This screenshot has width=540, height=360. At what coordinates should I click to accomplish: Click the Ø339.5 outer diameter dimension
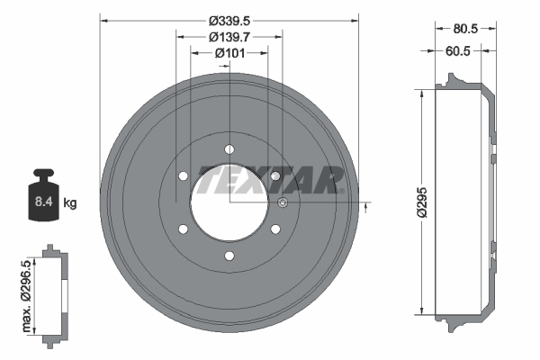click(x=229, y=21)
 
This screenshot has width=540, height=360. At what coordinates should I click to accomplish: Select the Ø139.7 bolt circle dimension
click(x=229, y=37)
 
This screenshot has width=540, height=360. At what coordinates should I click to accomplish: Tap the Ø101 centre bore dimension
click(x=229, y=53)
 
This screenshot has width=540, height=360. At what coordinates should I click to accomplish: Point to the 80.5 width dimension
click(x=464, y=28)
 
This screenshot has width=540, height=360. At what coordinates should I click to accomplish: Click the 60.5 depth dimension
click(x=460, y=51)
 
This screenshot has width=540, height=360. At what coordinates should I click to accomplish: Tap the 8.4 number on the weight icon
click(x=43, y=203)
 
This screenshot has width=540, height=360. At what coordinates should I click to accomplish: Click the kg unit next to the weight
click(x=70, y=203)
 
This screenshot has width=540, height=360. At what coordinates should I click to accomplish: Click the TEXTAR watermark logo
click(x=270, y=179)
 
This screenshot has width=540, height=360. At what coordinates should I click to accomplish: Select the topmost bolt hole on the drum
click(x=229, y=149)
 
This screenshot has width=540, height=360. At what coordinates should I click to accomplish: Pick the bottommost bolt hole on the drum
click(x=229, y=256)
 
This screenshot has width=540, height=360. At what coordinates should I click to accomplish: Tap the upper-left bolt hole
click(x=184, y=176)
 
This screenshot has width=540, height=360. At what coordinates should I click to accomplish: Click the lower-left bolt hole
click(x=184, y=229)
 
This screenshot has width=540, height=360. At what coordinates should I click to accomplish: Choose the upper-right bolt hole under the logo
click(x=275, y=176)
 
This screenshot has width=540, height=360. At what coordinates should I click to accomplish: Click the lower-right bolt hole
click(x=275, y=229)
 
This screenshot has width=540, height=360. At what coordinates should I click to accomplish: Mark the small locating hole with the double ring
click(x=283, y=202)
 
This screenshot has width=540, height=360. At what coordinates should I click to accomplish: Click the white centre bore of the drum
click(x=229, y=202)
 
